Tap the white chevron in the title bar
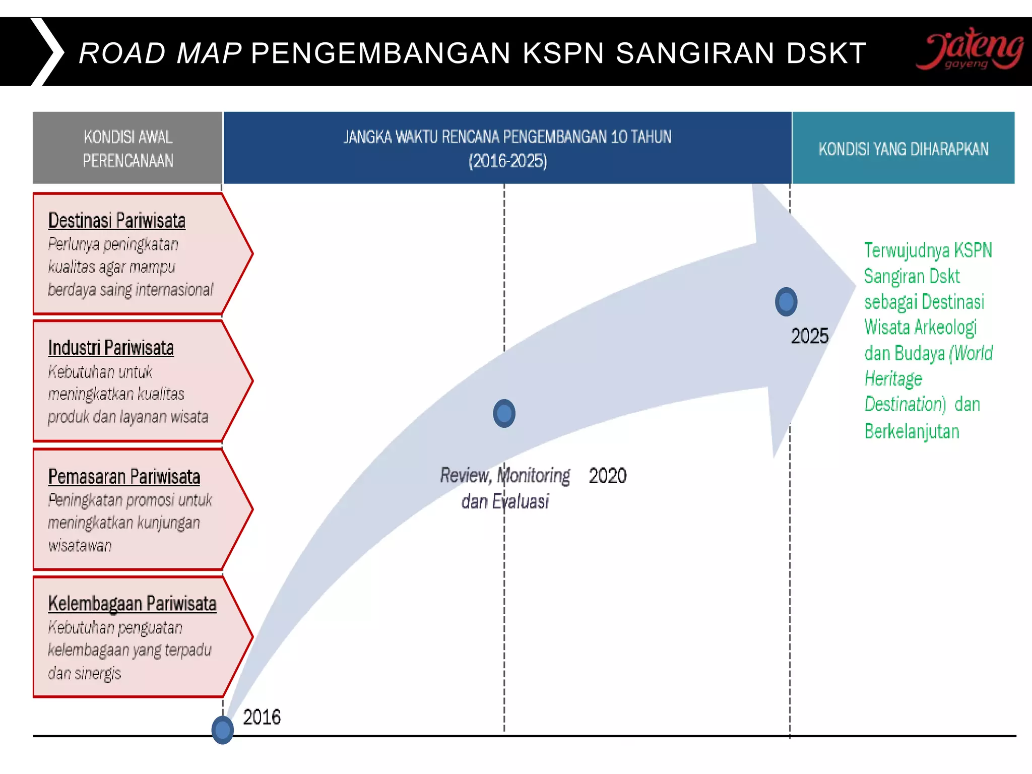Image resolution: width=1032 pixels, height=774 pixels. (x=48, y=52)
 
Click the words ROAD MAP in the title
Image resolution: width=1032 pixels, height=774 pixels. (x=160, y=53)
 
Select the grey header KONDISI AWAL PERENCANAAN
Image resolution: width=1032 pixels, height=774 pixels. (x=127, y=148)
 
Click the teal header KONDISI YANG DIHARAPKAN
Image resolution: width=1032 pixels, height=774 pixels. (x=903, y=149)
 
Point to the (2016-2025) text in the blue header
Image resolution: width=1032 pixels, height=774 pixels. (x=507, y=161)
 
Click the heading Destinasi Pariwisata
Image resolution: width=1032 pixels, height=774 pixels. (x=117, y=221)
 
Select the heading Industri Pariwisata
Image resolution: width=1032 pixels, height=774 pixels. (x=111, y=348)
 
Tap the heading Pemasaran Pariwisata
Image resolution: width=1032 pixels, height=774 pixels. (x=124, y=476)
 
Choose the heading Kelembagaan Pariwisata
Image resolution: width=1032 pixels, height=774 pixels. (x=132, y=603)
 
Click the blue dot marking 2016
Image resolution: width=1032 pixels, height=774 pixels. (x=222, y=730)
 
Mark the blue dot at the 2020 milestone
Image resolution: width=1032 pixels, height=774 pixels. (x=504, y=413)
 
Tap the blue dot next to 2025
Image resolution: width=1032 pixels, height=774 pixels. (x=786, y=302)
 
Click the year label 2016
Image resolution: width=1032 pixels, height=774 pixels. (x=262, y=717)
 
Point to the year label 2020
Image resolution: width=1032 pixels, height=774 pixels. (x=607, y=476)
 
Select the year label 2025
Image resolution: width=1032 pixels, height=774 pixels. (x=809, y=336)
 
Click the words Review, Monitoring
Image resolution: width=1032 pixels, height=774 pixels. (x=505, y=475)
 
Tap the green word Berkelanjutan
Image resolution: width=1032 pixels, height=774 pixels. (x=912, y=431)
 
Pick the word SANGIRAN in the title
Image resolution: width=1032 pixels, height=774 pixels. (x=695, y=53)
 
